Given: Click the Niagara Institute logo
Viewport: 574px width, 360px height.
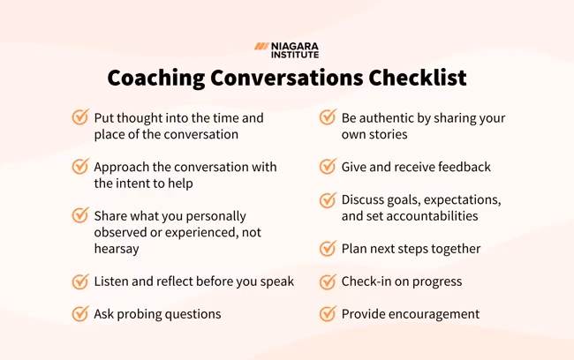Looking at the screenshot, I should coord(286,49).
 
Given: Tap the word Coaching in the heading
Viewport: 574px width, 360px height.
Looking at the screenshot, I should coord(155,78).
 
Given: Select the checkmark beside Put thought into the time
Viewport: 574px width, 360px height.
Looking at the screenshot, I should coord(80,117).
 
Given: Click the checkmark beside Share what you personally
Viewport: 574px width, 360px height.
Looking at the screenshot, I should coord(80,215).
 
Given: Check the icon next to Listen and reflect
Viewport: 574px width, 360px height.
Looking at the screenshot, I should coord(80,281).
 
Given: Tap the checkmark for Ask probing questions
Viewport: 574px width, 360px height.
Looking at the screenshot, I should coord(80,313).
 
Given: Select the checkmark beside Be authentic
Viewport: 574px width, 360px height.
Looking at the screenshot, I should coord(328,117).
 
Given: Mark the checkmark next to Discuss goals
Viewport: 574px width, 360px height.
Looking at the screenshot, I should coord(328,199).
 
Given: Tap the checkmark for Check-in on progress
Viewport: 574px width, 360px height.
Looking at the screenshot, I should coord(328,281).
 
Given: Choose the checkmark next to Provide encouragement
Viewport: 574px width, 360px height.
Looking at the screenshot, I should coord(328,313).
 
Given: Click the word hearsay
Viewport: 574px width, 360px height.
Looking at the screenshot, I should coord(117,249).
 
